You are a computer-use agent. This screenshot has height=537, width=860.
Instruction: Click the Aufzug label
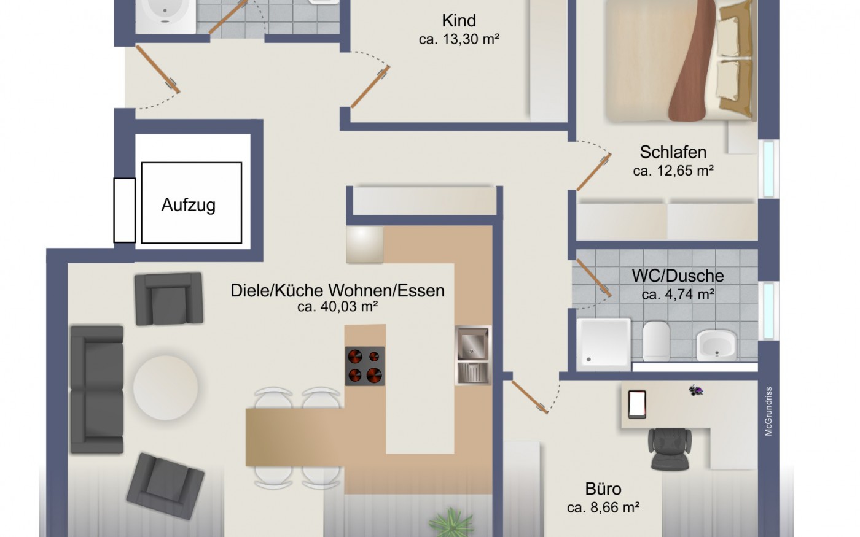189,205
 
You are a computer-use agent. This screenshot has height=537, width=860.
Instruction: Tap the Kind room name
459,20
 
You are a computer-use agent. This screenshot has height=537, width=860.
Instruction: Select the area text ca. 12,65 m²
673,171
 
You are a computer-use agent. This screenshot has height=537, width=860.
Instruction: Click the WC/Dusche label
678,276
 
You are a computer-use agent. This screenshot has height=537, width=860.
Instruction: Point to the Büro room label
603,489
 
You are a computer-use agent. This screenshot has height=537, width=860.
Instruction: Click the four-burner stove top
365,366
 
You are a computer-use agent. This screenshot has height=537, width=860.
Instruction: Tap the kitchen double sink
473,355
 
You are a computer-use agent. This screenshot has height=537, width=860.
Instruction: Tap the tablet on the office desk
637,404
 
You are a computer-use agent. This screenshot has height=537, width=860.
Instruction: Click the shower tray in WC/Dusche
604,344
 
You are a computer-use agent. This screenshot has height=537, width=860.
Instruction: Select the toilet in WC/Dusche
656,341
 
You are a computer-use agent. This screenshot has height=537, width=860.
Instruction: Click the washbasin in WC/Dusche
716,345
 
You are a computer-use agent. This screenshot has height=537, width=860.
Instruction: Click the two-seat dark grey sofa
97,390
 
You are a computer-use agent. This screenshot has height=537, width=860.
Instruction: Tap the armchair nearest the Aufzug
169,299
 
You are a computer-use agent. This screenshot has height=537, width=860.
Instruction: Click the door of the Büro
529,396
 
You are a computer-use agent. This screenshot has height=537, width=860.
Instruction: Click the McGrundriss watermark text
768,411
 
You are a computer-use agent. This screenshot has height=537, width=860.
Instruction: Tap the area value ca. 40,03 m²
337,307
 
